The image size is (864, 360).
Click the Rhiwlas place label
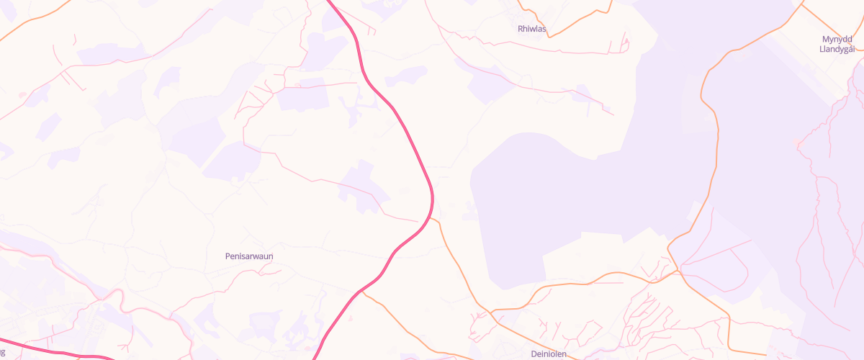click(x=532, y=29)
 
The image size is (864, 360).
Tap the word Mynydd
click(x=837, y=39)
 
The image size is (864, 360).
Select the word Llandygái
click(x=837, y=49)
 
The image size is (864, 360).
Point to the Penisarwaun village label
click(x=249, y=256)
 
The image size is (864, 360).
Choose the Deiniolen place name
click(x=549, y=354)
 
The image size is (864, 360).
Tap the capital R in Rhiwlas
click(x=521, y=29)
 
